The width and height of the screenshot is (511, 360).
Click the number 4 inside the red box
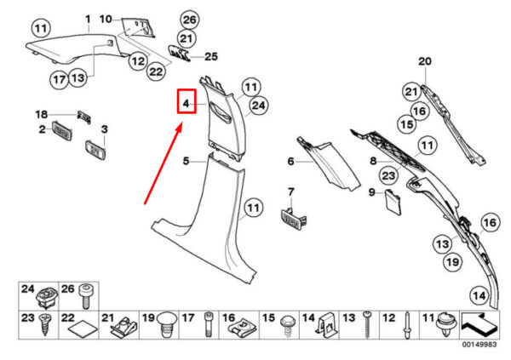[x=185, y=105]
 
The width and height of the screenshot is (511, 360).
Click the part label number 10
[x=106, y=18]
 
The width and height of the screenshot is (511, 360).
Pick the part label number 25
[x=211, y=56]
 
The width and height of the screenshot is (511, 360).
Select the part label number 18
[x=40, y=114]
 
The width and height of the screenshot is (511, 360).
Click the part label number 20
[x=425, y=61]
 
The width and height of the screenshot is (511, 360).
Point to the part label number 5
[x=187, y=160]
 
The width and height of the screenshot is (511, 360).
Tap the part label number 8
[x=371, y=160]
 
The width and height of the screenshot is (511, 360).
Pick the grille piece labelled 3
[x=95, y=151]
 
